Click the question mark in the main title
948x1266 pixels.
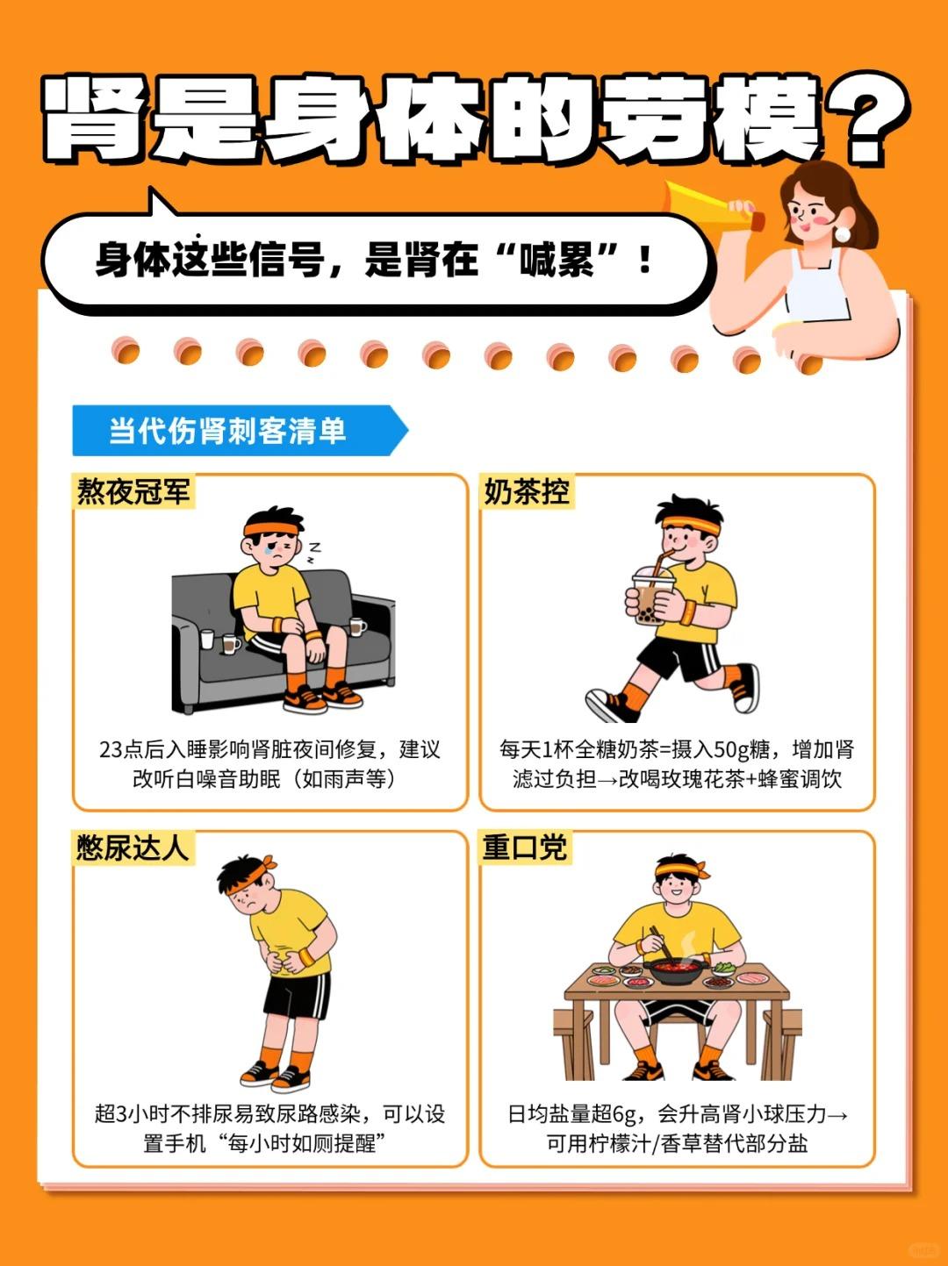pos(864,120)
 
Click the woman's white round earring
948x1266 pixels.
pos(842,233)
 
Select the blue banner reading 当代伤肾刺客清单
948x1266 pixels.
pos(240,430)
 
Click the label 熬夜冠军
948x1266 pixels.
pos(133,491)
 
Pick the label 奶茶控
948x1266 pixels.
pos(526,491)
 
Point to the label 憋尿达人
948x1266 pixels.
pos(133,848)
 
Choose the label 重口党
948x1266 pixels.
pos(525,848)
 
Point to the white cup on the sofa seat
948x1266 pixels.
pos(206,639)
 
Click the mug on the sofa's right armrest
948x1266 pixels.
pos(357,626)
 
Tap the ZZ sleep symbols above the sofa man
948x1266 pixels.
pos(313,552)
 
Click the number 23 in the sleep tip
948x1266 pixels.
pos(109,750)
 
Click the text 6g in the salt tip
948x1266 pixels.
pos(624,1113)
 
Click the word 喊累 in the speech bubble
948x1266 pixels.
pos(557,260)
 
